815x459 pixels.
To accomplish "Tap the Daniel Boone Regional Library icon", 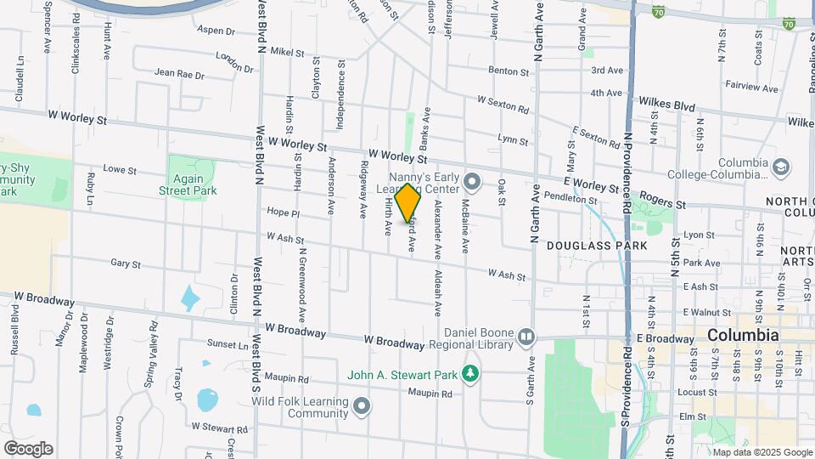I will [526, 337].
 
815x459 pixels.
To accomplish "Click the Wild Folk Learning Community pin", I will [363, 406].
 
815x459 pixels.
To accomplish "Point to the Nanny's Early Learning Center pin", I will [474, 180].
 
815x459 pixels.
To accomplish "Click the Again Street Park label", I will [188, 184].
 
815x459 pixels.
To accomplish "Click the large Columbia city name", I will [743, 335].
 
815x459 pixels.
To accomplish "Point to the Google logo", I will [28, 448].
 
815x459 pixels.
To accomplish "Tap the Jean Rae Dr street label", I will [180, 75].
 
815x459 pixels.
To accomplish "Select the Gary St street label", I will [126, 264].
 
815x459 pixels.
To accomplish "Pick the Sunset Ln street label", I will [228, 344].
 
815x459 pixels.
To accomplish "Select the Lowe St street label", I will [120, 170].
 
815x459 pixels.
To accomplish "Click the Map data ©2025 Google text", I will [767, 451].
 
